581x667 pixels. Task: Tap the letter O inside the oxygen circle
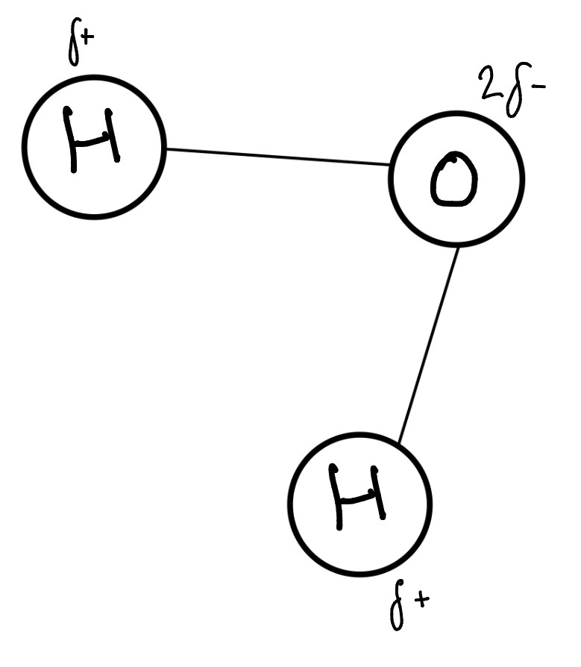[x=453, y=180]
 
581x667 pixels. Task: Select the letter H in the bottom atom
[x=359, y=496]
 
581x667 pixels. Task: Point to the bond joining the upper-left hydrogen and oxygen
[x=277, y=157]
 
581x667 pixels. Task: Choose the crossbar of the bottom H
[x=359, y=496]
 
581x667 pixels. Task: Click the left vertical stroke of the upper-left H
[x=72, y=140]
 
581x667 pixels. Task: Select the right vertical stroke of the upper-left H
[x=113, y=136]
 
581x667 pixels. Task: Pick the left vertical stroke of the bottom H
[x=339, y=496]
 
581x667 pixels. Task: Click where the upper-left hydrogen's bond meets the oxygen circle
[x=390, y=165]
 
